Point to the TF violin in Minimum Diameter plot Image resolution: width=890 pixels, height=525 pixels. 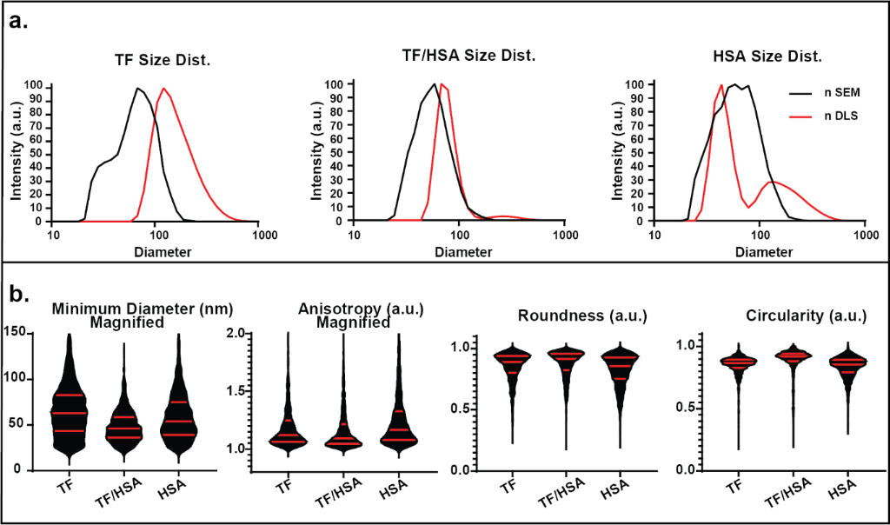coord(69,409)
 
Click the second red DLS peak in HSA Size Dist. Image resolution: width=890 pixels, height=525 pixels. coord(773,182)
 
